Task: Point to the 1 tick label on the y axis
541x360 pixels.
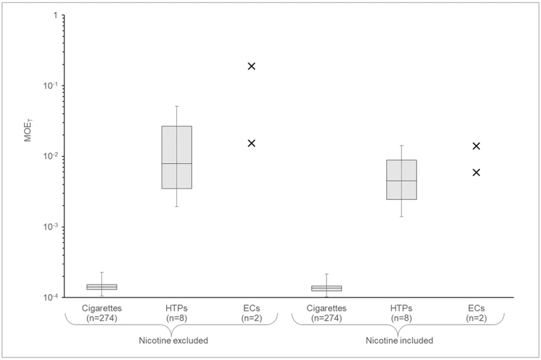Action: pyautogui.click(x=55, y=15)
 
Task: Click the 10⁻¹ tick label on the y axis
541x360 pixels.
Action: pyautogui.click(x=51, y=85)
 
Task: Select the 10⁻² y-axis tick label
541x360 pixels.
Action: pyautogui.click(x=51, y=155)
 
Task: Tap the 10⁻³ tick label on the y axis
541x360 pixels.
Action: pyautogui.click(x=51, y=226)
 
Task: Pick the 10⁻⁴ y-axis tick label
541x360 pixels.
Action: pyautogui.click(x=51, y=297)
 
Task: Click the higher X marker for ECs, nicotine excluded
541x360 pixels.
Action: pyautogui.click(x=252, y=67)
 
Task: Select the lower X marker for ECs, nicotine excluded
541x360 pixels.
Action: pyautogui.click(x=252, y=144)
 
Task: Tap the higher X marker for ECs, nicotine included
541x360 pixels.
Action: pyautogui.click(x=476, y=146)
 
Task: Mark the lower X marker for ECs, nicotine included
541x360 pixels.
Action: pyautogui.click(x=476, y=172)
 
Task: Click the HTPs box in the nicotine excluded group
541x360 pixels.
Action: pyautogui.click(x=177, y=157)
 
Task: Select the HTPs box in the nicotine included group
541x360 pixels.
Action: pyautogui.click(x=402, y=180)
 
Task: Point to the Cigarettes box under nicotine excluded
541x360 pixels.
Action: pyautogui.click(x=102, y=287)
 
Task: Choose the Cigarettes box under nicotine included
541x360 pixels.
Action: pyautogui.click(x=327, y=288)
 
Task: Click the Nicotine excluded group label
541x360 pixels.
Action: pyautogui.click(x=173, y=341)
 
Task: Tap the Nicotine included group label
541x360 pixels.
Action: pyautogui.click(x=400, y=341)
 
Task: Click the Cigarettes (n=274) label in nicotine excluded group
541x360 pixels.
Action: pyautogui.click(x=102, y=313)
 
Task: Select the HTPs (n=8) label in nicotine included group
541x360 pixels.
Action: pyautogui.click(x=402, y=313)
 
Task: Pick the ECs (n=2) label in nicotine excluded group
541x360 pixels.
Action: pyautogui.click(x=252, y=313)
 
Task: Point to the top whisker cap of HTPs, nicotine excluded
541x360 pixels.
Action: pyautogui.click(x=177, y=106)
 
